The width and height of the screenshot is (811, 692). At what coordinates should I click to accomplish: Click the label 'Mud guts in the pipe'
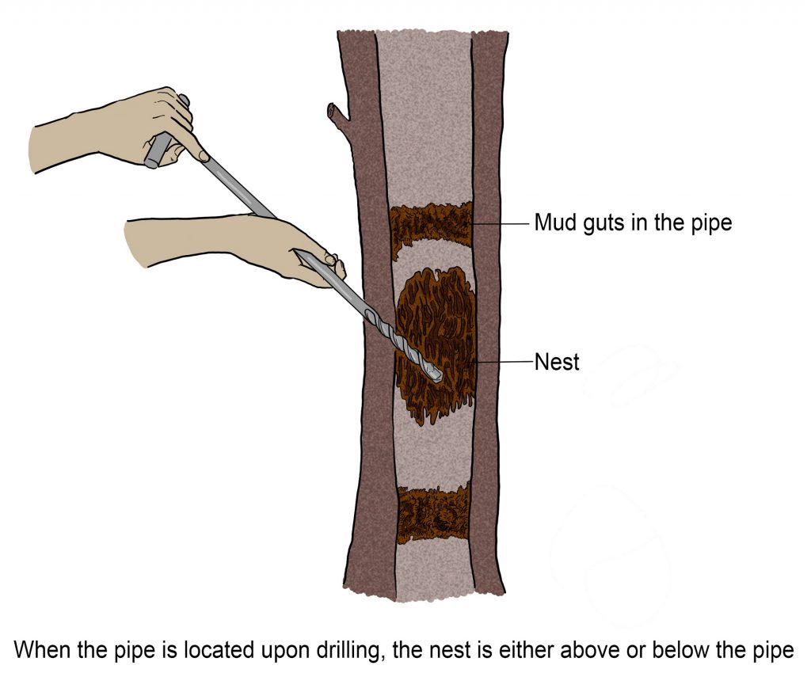(x=632, y=223)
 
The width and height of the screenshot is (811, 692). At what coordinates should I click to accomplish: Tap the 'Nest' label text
(x=557, y=363)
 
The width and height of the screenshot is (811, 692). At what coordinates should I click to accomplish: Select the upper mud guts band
(x=432, y=223)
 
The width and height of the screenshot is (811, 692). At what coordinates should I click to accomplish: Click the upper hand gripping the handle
(x=119, y=131)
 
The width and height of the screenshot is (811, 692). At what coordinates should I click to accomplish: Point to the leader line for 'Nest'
(x=504, y=362)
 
